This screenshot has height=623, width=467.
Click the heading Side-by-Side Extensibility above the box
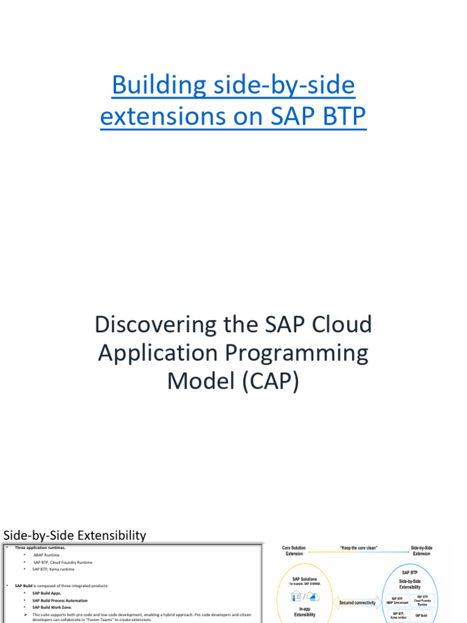pos(75,535)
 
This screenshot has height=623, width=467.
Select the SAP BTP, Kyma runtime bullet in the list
pos(54,569)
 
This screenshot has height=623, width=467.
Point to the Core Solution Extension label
pos(294,551)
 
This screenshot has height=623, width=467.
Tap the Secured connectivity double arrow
pos(357,603)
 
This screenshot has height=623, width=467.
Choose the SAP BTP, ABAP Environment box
pos(396,600)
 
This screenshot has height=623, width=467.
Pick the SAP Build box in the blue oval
pos(421,616)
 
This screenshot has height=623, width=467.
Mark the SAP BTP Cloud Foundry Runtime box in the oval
pos(421,600)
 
